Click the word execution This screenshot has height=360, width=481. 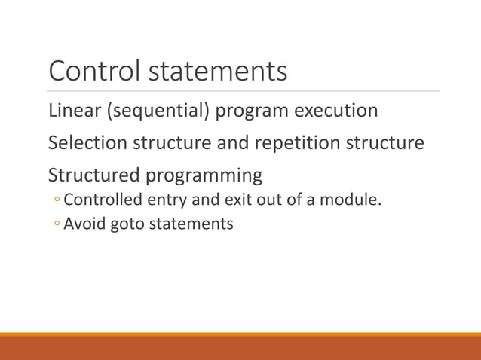[x=335, y=111]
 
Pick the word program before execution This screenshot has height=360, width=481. [x=251, y=111]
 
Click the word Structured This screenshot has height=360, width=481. [x=93, y=175]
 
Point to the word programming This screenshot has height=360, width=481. [x=204, y=175]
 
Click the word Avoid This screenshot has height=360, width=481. [x=84, y=224]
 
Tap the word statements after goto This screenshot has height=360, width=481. [x=193, y=224]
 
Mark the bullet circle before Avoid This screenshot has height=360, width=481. [x=57, y=224]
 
